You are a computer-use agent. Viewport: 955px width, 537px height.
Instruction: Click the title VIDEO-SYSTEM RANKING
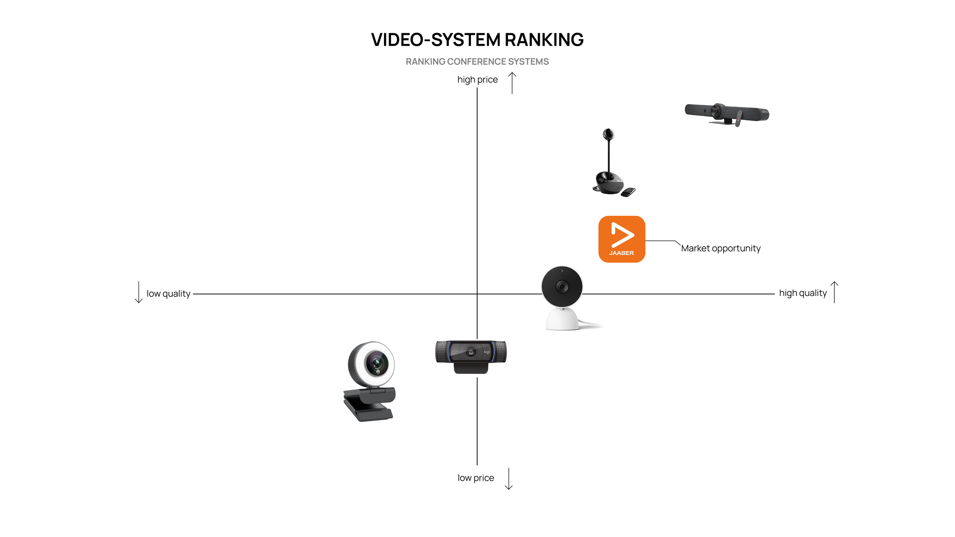pos(477,40)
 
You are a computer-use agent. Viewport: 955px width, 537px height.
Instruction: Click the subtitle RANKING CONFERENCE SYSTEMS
pos(477,61)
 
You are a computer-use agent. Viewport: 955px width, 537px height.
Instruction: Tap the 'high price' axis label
pos(477,80)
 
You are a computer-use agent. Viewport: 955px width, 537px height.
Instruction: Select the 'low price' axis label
pos(476,478)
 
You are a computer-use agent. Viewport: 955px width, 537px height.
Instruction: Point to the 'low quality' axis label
pos(168,294)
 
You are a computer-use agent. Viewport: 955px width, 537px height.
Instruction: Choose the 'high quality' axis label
pos(803,293)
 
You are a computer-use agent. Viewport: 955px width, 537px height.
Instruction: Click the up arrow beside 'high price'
pos(512,83)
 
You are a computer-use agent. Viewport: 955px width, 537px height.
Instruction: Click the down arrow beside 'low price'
pos(509,479)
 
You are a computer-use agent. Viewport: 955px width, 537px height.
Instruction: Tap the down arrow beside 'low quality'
pos(139,292)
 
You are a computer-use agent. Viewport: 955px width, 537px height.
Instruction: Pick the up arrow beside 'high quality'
pos(835,292)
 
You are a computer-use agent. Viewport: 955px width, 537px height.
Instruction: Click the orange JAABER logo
pos(622,239)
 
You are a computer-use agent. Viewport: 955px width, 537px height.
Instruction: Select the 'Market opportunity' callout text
pos(721,248)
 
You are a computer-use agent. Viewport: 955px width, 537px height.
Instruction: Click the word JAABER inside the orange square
pos(622,253)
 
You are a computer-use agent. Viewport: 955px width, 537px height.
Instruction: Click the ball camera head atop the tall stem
pos(608,134)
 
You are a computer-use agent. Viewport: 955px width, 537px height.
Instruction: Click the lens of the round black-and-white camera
pos(562,286)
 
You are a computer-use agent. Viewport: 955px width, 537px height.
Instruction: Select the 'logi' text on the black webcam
pos(487,352)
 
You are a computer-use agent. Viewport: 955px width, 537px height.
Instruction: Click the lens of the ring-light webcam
pos(377,363)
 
